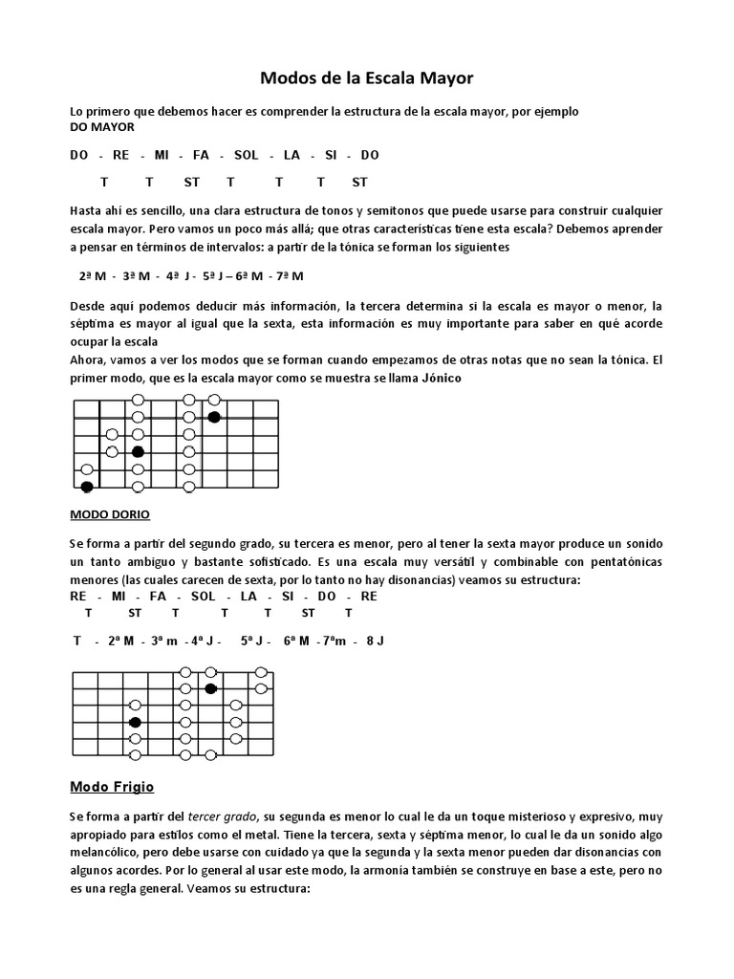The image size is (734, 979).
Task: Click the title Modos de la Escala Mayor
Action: click(368, 77)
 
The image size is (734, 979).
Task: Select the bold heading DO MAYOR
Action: click(102, 127)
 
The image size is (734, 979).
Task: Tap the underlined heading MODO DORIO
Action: click(110, 513)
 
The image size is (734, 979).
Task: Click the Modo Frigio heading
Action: click(113, 787)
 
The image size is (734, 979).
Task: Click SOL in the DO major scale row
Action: click(246, 155)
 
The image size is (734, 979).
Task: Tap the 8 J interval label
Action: click(375, 640)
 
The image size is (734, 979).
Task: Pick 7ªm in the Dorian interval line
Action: click(331, 640)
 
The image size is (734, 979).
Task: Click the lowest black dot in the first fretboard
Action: click(88, 487)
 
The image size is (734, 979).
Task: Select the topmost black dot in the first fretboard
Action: click(214, 417)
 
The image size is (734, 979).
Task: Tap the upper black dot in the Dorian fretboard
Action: click(211, 688)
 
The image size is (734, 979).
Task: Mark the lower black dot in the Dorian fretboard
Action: click(136, 722)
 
